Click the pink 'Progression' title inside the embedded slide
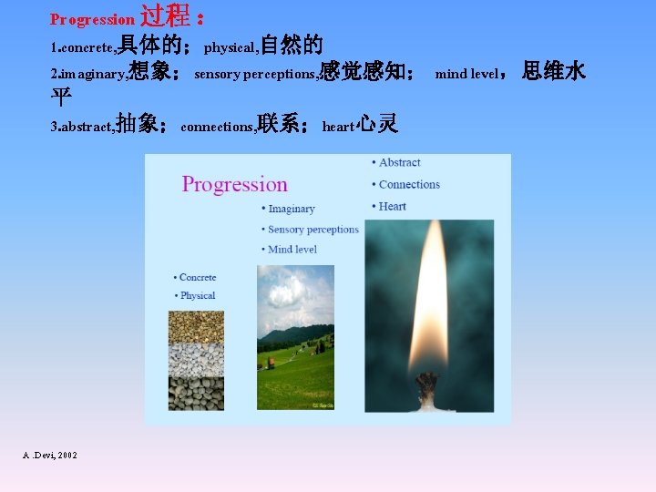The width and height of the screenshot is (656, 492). [x=234, y=184]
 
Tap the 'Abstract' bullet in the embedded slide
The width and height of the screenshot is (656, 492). [x=399, y=163]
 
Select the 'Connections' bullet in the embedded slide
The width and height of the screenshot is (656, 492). [x=409, y=185]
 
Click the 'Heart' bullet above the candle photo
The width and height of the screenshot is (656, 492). [x=392, y=207]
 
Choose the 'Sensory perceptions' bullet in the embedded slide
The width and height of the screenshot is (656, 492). [x=313, y=230]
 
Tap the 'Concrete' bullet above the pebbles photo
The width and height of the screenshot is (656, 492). [x=197, y=277]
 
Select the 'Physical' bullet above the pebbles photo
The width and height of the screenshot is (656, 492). [x=197, y=295]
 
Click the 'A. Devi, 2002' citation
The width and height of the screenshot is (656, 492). [x=50, y=455]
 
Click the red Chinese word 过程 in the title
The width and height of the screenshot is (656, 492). [x=165, y=16]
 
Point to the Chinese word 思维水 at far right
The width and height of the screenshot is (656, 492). [x=553, y=71]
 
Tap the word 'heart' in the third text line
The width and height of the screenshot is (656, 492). [x=337, y=127]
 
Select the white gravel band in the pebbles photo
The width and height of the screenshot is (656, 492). [x=196, y=360]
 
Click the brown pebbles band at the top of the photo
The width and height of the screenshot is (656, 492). [x=196, y=327]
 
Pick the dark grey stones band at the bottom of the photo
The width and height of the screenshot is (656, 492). [x=196, y=393]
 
